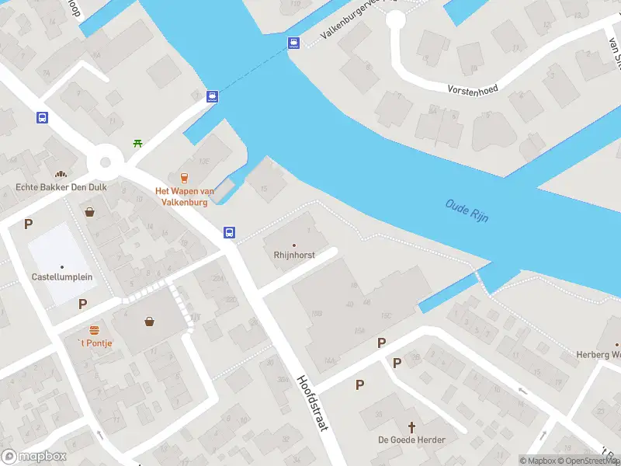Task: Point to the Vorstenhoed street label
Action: click(x=473, y=89)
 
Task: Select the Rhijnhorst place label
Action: click(x=293, y=255)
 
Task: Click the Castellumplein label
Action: click(x=62, y=277)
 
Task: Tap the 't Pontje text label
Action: click(x=94, y=343)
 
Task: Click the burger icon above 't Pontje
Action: click(x=94, y=330)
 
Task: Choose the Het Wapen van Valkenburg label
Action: click(x=185, y=196)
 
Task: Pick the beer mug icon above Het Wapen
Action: click(x=185, y=178)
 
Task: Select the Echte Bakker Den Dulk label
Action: click(x=61, y=187)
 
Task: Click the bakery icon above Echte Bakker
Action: click(x=61, y=173)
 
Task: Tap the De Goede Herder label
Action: click(x=411, y=440)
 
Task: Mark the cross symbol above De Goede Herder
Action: click(x=411, y=426)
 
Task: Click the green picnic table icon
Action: click(x=137, y=143)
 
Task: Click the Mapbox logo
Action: click(x=35, y=457)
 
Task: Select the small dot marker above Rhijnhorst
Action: click(x=293, y=245)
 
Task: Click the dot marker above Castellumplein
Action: click(x=62, y=267)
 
